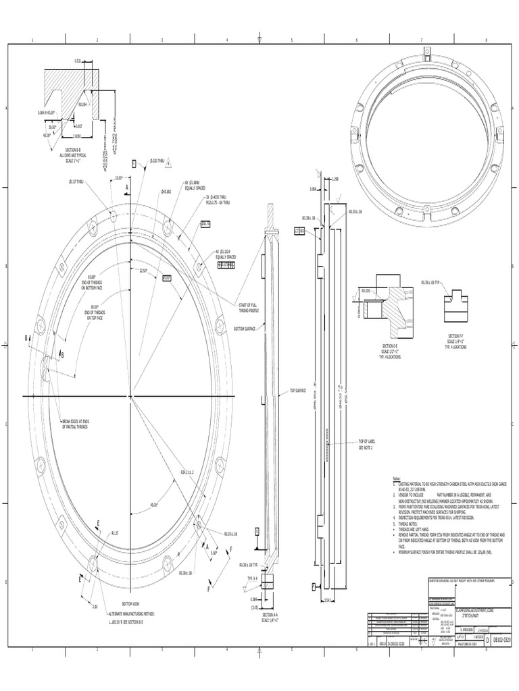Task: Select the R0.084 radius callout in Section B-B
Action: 83,105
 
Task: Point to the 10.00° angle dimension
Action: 120,178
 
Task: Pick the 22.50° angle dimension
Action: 143,271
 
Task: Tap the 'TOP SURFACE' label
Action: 298,390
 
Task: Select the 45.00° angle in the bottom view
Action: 154,504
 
